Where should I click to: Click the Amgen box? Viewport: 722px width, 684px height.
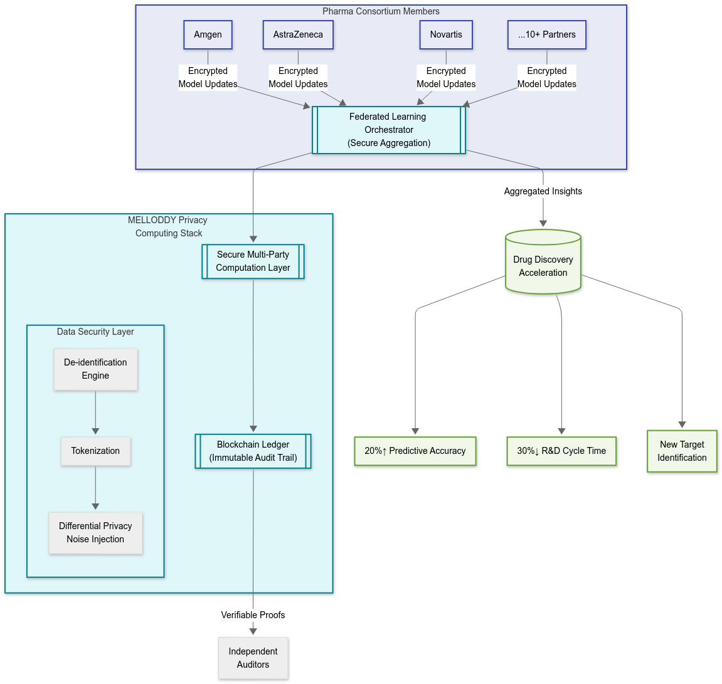point(208,34)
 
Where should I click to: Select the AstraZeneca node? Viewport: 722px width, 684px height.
point(298,34)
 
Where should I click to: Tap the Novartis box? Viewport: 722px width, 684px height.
point(446,34)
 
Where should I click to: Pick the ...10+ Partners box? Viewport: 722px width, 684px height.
point(546,34)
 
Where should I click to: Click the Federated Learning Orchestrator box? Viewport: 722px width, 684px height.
point(389,130)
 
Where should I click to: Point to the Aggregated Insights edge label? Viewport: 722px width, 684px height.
point(543,191)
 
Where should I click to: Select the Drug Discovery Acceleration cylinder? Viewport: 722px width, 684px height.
point(543,262)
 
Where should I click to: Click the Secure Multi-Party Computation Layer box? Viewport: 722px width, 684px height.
point(253,261)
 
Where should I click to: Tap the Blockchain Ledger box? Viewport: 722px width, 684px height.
point(253,451)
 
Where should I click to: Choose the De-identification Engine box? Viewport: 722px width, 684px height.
point(95,369)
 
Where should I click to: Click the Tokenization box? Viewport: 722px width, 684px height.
point(95,451)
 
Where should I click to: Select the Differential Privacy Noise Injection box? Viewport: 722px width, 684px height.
point(95,532)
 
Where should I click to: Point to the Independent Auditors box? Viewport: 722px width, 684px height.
point(253,658)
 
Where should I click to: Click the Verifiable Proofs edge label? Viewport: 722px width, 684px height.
point(253,615)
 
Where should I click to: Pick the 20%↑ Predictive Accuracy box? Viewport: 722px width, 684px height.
point(415,451)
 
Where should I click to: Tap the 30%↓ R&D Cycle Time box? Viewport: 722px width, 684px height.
point(561,451)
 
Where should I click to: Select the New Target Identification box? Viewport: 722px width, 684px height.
point(682,451)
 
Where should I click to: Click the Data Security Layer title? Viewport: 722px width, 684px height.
point(95,332)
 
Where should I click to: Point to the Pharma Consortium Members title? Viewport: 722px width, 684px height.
point(381,11)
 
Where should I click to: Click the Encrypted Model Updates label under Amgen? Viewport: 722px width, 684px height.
point(208,77)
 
